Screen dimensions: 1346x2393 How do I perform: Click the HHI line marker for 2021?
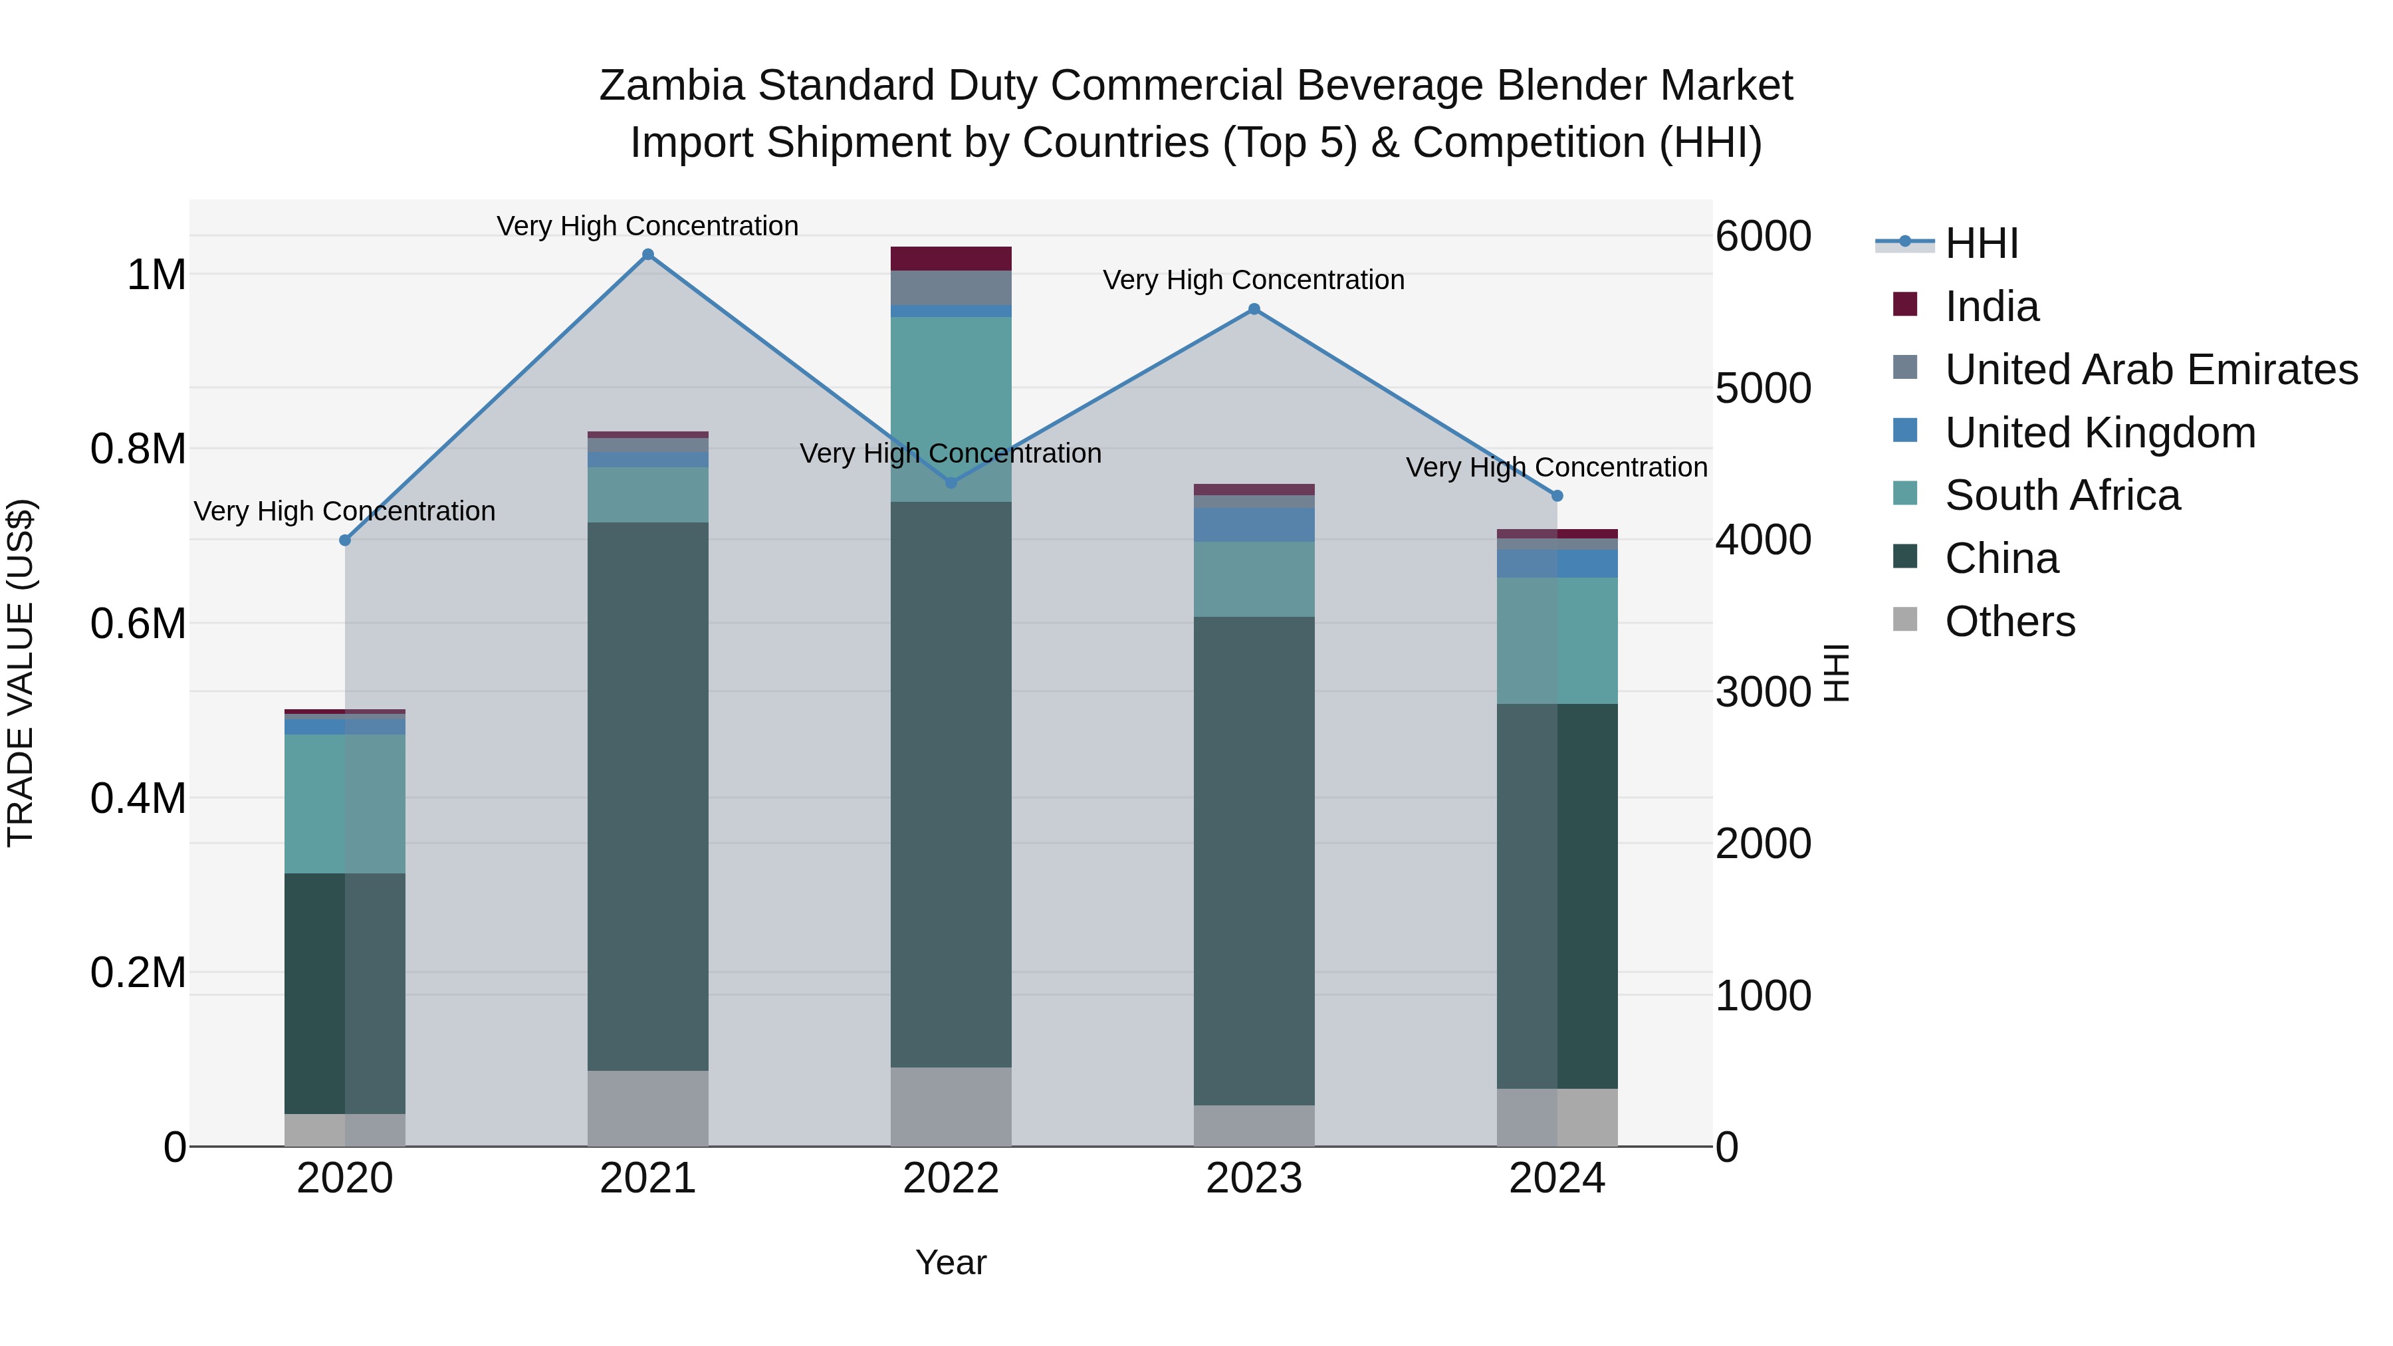click(x=647, y=255)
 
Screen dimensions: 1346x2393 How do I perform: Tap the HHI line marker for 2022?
click(x=951, y=483)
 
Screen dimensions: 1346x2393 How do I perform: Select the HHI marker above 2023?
click(x=1254, y=309)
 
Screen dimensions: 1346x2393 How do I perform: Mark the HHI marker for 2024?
click(x=1557, y=496)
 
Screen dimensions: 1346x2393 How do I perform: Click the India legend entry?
click(x=1991, y=306)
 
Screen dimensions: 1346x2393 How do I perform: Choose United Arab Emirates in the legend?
click(x=2150, y=370)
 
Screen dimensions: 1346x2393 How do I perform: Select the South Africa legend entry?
click(x=2061, y=495)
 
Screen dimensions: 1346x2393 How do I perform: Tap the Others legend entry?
click(x=2009, y=621)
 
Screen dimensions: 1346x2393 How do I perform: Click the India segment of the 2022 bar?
click(x=951, y=259)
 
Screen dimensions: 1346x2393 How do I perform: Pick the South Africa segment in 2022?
click(x=951, y=409)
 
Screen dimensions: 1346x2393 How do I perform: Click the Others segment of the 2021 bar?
click(x=647, y=1108)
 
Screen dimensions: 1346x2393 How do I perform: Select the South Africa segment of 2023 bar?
click(x=1254, y=579)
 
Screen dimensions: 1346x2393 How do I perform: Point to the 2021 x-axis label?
click(x=647, y=1178)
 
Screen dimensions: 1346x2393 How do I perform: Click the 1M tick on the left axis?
click(x=156, y=275)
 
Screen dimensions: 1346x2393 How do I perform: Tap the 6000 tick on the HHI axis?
click(x=1762, y=236)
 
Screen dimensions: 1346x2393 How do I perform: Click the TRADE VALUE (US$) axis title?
click(x=21, y=673)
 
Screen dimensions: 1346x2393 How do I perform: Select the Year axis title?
click(x=951, y=1262)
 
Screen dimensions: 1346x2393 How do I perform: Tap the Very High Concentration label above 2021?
click(x=647, y=226)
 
